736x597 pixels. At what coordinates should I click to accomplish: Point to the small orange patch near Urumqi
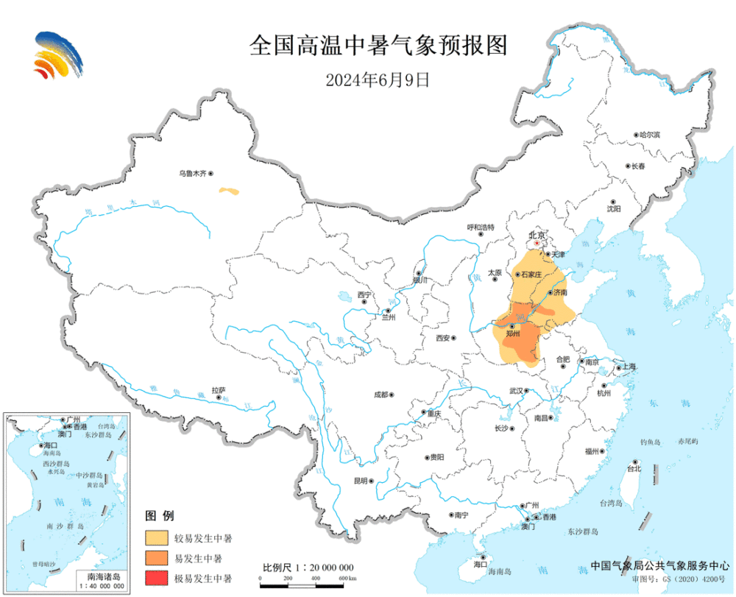tap(229, 191)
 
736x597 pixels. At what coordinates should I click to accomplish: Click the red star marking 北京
tap(537, 244)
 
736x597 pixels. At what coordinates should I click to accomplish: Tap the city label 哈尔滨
tap(649, 135)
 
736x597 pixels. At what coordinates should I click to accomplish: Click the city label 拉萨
tap(218, 390)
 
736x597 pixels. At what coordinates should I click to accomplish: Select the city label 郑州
tap(513, 333)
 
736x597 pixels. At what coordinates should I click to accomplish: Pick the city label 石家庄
tap(531, 274)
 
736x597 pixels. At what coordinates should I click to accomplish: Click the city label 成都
tap(380, 395)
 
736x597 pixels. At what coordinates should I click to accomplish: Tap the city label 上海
tap(629, 367)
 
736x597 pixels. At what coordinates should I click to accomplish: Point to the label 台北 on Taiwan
tap(633, 467)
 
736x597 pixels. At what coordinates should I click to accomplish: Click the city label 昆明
tap(360, 481)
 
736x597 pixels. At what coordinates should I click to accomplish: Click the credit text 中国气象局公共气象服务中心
tap(657, 565)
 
